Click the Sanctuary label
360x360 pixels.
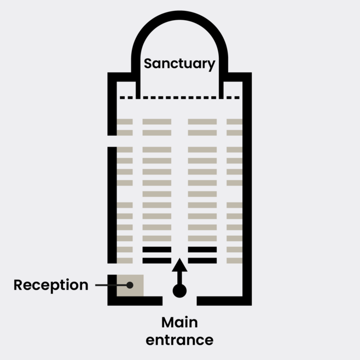click(x=179, y=63)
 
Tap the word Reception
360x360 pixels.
click(x=51, y=285)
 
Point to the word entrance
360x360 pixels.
click(x=179, y=340)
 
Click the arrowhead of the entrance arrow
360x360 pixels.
click(x=179, y=266)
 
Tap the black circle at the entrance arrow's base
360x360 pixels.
click(x=179, y=291)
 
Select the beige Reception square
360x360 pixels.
click(x=130, y=285)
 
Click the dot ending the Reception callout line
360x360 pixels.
click(x=130, y=285)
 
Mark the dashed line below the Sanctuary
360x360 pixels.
click(x=179, y=98)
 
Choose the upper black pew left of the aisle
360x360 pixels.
click(x=156, y=249)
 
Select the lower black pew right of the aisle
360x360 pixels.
click(x=202, y=260)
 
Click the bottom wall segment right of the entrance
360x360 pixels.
click(x=223, y=300)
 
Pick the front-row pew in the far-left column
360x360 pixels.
click(x=125, y=121)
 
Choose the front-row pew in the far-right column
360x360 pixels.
click(x=234, y=121)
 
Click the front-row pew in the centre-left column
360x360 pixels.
click(x=156, y=121)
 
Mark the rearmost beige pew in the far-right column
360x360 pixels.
click(x=234, y=260)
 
